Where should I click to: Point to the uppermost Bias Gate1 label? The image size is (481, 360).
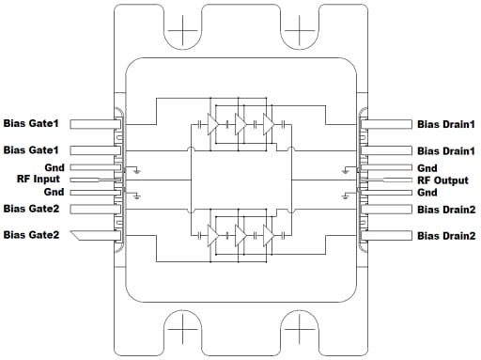pos(31,124)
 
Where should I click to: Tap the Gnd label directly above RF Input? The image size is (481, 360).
pos(54,166)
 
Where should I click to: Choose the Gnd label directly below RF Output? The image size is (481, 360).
pos(427,192)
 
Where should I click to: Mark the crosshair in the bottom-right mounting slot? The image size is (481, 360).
pos(298,331)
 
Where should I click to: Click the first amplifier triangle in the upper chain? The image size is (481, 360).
pos(213,123)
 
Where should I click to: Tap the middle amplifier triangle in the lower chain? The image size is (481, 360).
pos(240,233)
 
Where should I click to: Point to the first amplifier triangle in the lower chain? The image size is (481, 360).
pos(213,233)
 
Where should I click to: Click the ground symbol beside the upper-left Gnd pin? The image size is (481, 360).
pos(138,170)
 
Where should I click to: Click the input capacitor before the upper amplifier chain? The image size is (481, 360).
pos(197,123)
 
